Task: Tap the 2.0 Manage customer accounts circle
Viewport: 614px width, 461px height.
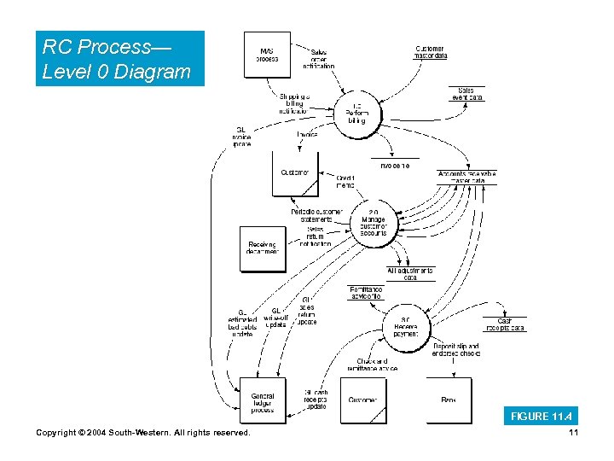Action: coord(373,222)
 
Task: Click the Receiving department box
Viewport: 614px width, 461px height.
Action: coord(262,248)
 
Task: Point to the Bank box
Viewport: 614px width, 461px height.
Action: coord(449,400)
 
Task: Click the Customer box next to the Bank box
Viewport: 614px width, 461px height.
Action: coord(363,400)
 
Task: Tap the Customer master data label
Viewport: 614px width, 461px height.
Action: coord(431,53)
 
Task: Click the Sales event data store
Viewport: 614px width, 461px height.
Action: coord(466,94)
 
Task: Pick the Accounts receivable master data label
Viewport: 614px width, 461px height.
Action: coord(466,177)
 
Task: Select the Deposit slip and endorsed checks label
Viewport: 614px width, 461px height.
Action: coord(455,350)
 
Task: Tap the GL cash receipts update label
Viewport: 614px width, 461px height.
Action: coord(316,400)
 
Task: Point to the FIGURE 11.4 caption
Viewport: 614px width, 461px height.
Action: coord(541,417)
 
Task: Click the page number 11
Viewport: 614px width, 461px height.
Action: coord(573,434)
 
